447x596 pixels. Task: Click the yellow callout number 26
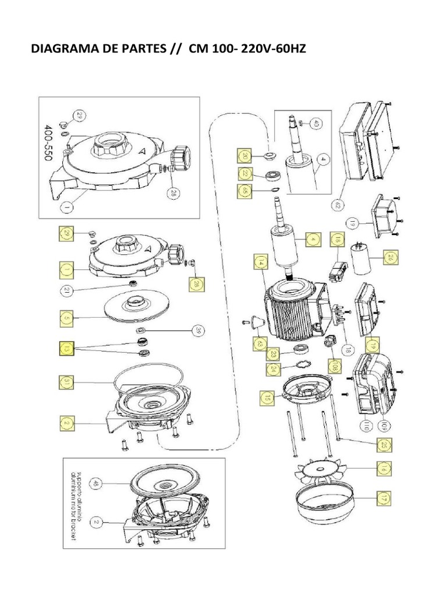(391, 257)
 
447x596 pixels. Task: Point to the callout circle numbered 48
(96, 483)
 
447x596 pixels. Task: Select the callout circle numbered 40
(315, 123)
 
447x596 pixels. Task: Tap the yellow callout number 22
(245, 173)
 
